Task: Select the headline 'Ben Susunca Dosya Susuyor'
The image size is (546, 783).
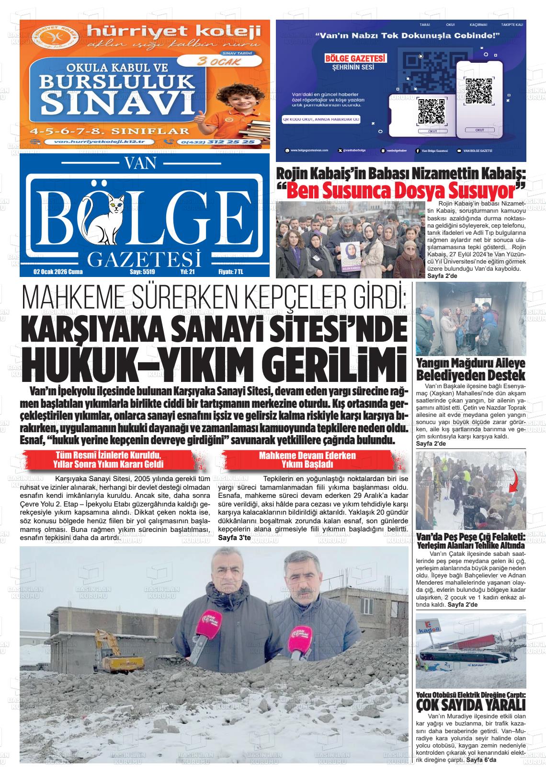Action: pos(401,190)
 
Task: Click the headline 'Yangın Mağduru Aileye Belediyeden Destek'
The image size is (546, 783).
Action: pos(471,369)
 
